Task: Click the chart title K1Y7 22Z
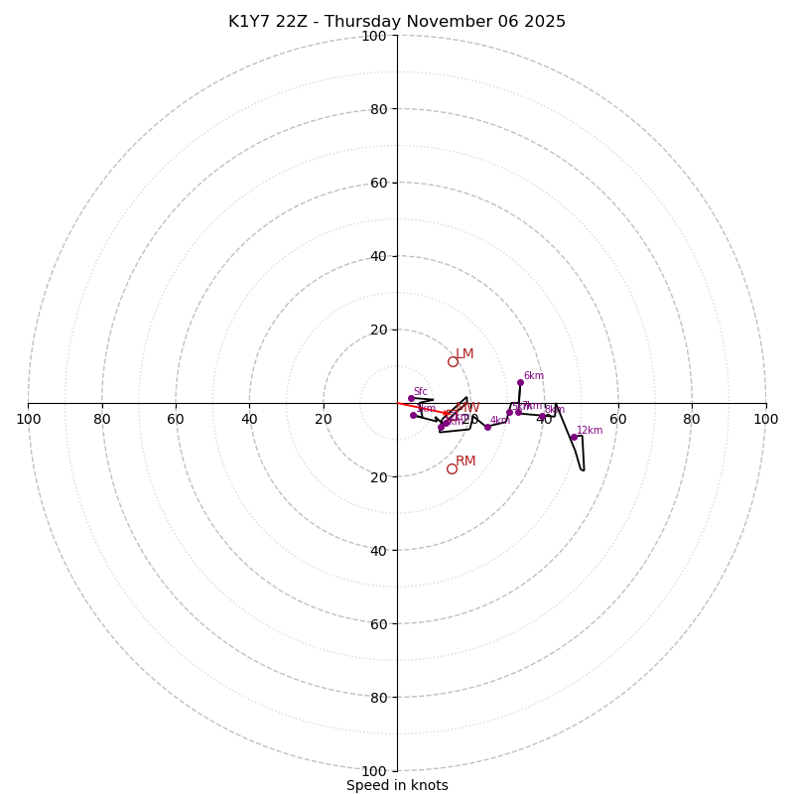tap(397, 22)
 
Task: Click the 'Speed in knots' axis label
tap(397, 785)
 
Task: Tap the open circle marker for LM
tap(453, 361)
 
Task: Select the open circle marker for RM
tap(452, 468)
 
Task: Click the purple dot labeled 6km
tap(520, 382)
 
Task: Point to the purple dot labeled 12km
tap(574, 437)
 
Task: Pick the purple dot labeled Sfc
tap(411, 398)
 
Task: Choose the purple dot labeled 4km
tap(487, 427)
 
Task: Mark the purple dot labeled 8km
tap(542, 416)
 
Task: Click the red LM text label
tap(464, 354)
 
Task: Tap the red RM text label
tap(465, 462)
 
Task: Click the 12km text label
tap(590, 431)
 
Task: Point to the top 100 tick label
tap(374, 36)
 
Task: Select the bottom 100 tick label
tap(374, 771)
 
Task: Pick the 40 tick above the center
tap(378, 256)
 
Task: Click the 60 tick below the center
tap(378, 623)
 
